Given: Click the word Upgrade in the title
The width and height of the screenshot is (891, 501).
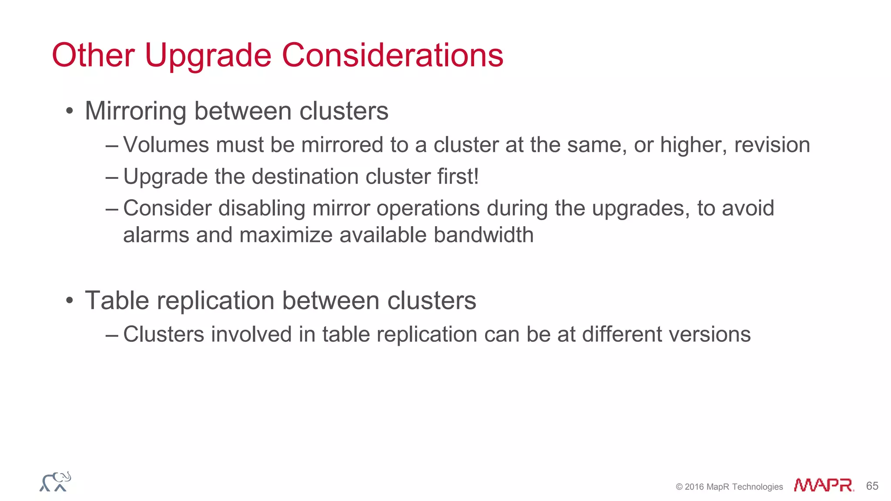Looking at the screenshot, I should (x=208, y=56).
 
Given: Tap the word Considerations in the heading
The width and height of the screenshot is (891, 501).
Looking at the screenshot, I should (x=392, y=56).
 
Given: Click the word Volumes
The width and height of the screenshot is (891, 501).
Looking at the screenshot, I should (x=166, y=145).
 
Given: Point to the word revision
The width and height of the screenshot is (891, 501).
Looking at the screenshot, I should (x=772, y=145).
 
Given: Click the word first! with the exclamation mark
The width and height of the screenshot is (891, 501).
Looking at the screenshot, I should (x=458, y=177).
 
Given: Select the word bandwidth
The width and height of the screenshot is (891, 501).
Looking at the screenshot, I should (x=483, y=235).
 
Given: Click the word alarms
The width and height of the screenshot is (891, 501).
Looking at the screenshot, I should (x=156, y=235).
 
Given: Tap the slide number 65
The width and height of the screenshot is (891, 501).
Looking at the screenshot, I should (x=872, y=486).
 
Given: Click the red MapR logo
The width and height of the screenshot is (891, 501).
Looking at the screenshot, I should (x=824, y=485).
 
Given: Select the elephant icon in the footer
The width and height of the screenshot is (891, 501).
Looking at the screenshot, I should (x=55, y=482).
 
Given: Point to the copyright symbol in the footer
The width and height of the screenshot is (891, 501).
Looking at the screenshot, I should (x=679, y=487).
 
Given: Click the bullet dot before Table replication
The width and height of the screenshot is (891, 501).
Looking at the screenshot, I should (x=70, y=301).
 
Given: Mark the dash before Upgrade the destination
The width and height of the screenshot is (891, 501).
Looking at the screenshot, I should (x=112, y=177).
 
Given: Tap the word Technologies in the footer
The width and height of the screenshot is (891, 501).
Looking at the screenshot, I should (x=757, y=487).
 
